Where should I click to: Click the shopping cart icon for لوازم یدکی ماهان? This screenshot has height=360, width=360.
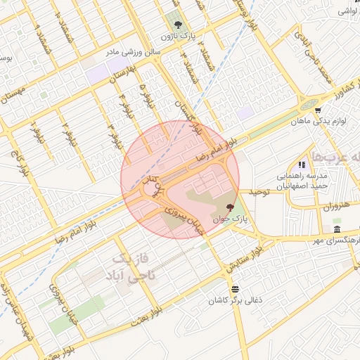tap(318, 110)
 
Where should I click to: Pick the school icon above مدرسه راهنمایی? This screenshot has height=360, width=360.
tap(302, 165)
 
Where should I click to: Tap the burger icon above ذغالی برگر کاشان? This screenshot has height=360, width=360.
tap(234, 289)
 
